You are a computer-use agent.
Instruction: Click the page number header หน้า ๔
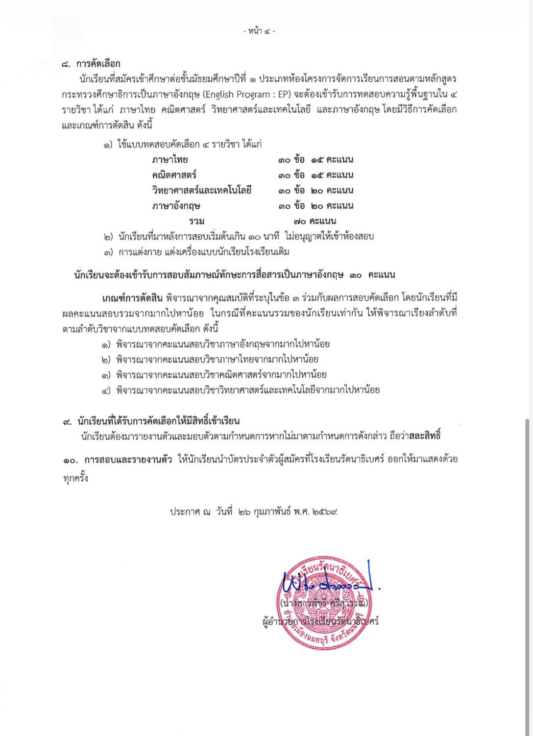pos(259,31)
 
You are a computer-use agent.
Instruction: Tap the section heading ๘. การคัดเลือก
pos(92,64)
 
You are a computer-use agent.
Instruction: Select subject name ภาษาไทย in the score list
pos(170,160)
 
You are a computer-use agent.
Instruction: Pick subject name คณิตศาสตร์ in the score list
pos(174,175)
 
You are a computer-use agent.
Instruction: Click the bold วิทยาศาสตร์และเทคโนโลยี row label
pos(201,191)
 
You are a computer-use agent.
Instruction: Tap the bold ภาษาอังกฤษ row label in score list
pos(176,206)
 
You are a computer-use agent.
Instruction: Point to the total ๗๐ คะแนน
pos(315,221)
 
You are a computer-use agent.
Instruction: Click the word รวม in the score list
pos(196,221)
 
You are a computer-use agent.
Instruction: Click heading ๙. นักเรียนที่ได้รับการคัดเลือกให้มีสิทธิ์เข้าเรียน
pos(151,421)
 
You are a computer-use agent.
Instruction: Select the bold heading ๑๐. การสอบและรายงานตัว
pos(118,460)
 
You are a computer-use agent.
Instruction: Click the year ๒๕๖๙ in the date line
pos(323,512)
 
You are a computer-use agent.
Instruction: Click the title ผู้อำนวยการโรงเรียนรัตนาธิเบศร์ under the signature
pos(321,622)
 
